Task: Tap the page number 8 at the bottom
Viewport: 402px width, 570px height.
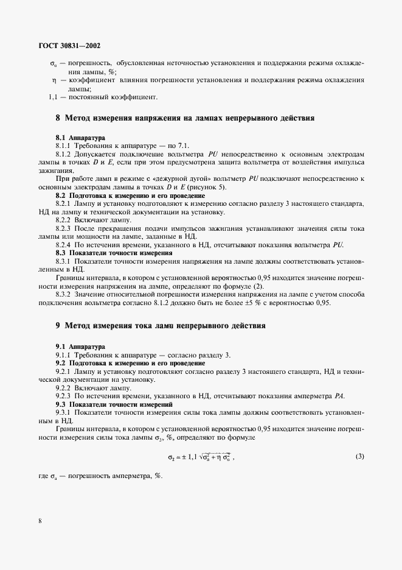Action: [x=40, y=521]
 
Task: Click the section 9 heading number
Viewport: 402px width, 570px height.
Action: [x=58, y=326]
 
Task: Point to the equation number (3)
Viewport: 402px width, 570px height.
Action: [x=359, y=456]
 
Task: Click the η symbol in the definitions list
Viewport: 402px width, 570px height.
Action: [x=54, y=80]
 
